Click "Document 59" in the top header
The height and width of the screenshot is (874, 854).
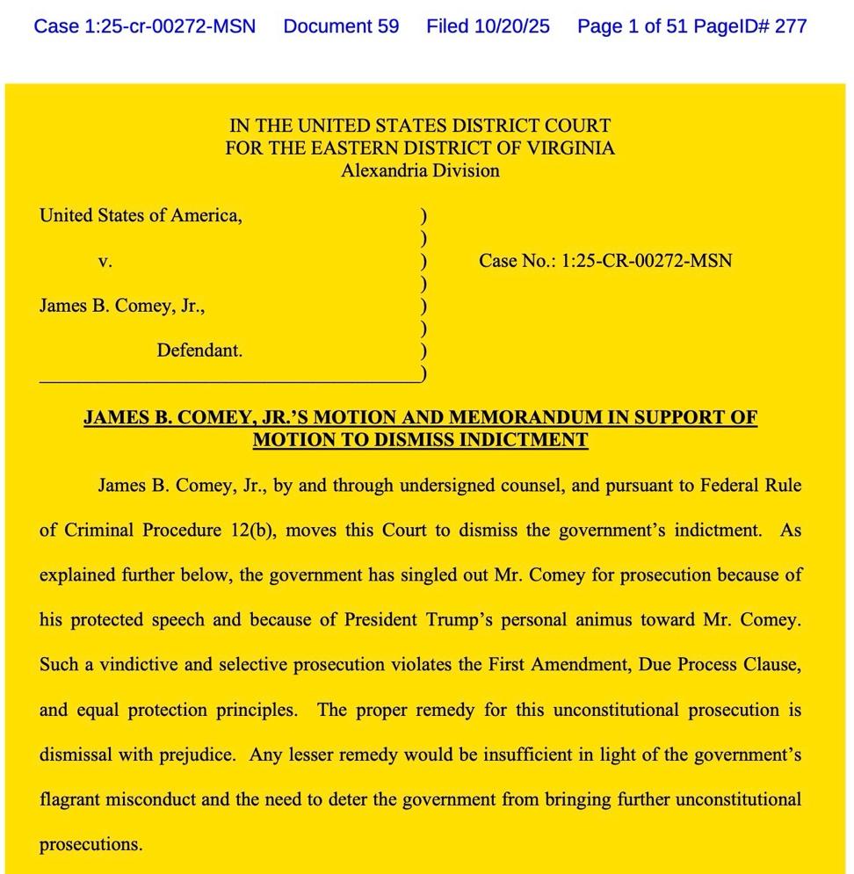pos(341,26)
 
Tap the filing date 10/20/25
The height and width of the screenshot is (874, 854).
pos(512,26)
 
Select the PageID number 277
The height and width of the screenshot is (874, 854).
pos(791,26)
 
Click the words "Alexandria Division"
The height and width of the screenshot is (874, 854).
pos(420,171)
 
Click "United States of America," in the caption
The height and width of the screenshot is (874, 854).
pos(141,216)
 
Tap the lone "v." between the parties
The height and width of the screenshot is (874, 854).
pos(105,261)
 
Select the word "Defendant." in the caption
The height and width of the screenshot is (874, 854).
pos(199,350)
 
